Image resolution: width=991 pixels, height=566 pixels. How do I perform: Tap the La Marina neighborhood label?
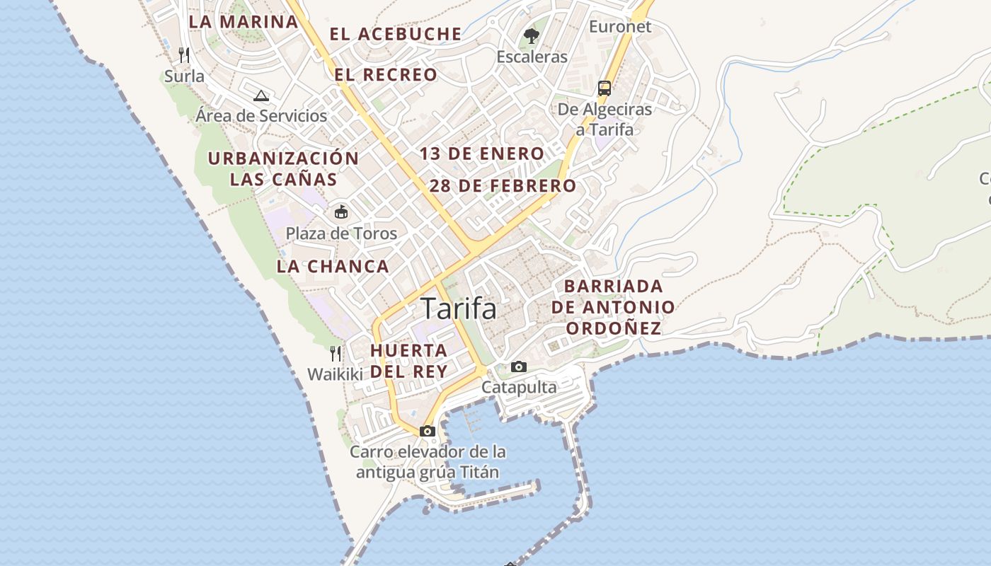pos(244,21)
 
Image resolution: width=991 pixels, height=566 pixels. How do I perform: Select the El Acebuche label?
pos(396,34)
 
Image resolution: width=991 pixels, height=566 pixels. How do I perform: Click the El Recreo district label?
pos(386,75)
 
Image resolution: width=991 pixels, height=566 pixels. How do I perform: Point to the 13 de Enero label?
pos(482,154)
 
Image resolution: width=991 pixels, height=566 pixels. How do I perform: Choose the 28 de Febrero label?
pos(503,186)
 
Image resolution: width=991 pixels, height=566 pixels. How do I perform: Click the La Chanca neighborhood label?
pos(333,267)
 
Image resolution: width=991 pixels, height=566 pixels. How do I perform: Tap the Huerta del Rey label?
pos(409,361)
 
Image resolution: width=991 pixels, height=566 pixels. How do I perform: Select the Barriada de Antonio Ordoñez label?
pos(613,307)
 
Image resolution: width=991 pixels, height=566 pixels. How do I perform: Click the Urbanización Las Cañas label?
pos(283,168)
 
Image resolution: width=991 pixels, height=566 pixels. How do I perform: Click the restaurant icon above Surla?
pos(184,55)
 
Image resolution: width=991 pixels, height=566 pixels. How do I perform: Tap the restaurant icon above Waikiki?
pos(336,353)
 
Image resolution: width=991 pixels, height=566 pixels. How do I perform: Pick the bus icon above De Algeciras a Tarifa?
pos(605,88)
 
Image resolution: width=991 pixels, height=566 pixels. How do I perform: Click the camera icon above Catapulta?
pos(519,366)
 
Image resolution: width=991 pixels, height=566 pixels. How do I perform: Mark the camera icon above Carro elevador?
pos(428,431)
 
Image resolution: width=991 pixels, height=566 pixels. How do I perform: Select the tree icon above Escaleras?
pos(532,35)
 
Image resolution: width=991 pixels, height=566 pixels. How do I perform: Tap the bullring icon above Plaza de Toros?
pos(341,212)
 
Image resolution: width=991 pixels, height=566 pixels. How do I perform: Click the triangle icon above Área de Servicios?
pos(261,96)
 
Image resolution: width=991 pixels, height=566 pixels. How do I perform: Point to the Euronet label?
pos(620,27)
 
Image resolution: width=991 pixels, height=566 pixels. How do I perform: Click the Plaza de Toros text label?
pos(341,233)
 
